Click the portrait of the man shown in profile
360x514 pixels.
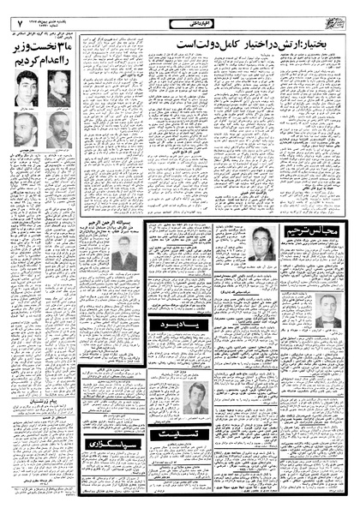click(58, 88)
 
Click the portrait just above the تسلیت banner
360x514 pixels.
click(196, 398)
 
